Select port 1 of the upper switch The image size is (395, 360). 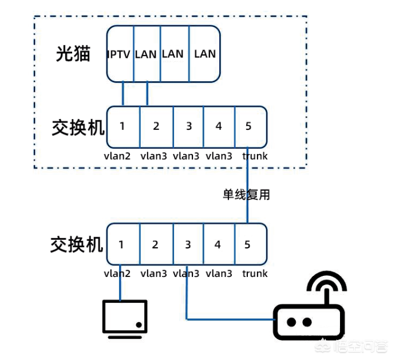pos(123,126)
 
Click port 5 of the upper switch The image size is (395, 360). pos(248,126)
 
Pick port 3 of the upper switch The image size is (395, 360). pos(188,126)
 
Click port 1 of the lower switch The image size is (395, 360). pos(121,244)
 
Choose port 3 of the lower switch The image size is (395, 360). pos(187,244)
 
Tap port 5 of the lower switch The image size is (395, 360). pos(247,244)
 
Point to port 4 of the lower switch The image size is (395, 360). pos(218,244)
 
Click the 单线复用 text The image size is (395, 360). pos(246,195)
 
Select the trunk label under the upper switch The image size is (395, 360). pos(254,156)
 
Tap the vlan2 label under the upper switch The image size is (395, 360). pos(117,156)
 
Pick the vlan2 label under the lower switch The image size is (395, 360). pos(117,274)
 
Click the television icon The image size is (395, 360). pos(125,317)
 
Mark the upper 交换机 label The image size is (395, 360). pos(77,127)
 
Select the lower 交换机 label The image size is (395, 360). pos(77,244)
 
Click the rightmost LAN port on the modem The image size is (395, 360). pos(205,54)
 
